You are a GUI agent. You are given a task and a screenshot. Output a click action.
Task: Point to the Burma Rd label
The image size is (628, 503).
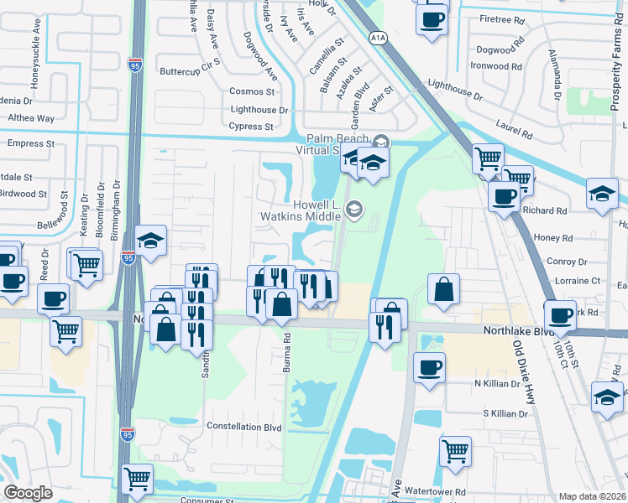pos(286,350)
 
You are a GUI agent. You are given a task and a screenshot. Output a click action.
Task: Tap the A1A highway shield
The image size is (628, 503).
pos(378,37)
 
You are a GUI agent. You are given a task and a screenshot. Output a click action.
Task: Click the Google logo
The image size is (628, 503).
pos(28,493)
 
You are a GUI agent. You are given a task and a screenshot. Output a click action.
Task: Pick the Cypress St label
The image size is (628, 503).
pos(251,127)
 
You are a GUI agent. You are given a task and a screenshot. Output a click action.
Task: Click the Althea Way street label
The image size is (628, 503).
pos(31,119)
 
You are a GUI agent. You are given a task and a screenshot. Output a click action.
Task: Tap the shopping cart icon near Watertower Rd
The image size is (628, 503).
pos(455,450)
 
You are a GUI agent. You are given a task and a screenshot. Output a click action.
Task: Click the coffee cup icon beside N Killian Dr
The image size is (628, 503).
pos(430,366)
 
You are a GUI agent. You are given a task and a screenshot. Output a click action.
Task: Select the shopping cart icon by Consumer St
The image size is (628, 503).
pos(137,479)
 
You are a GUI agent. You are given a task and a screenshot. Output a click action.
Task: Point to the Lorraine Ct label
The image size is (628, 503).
pos(573,281)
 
